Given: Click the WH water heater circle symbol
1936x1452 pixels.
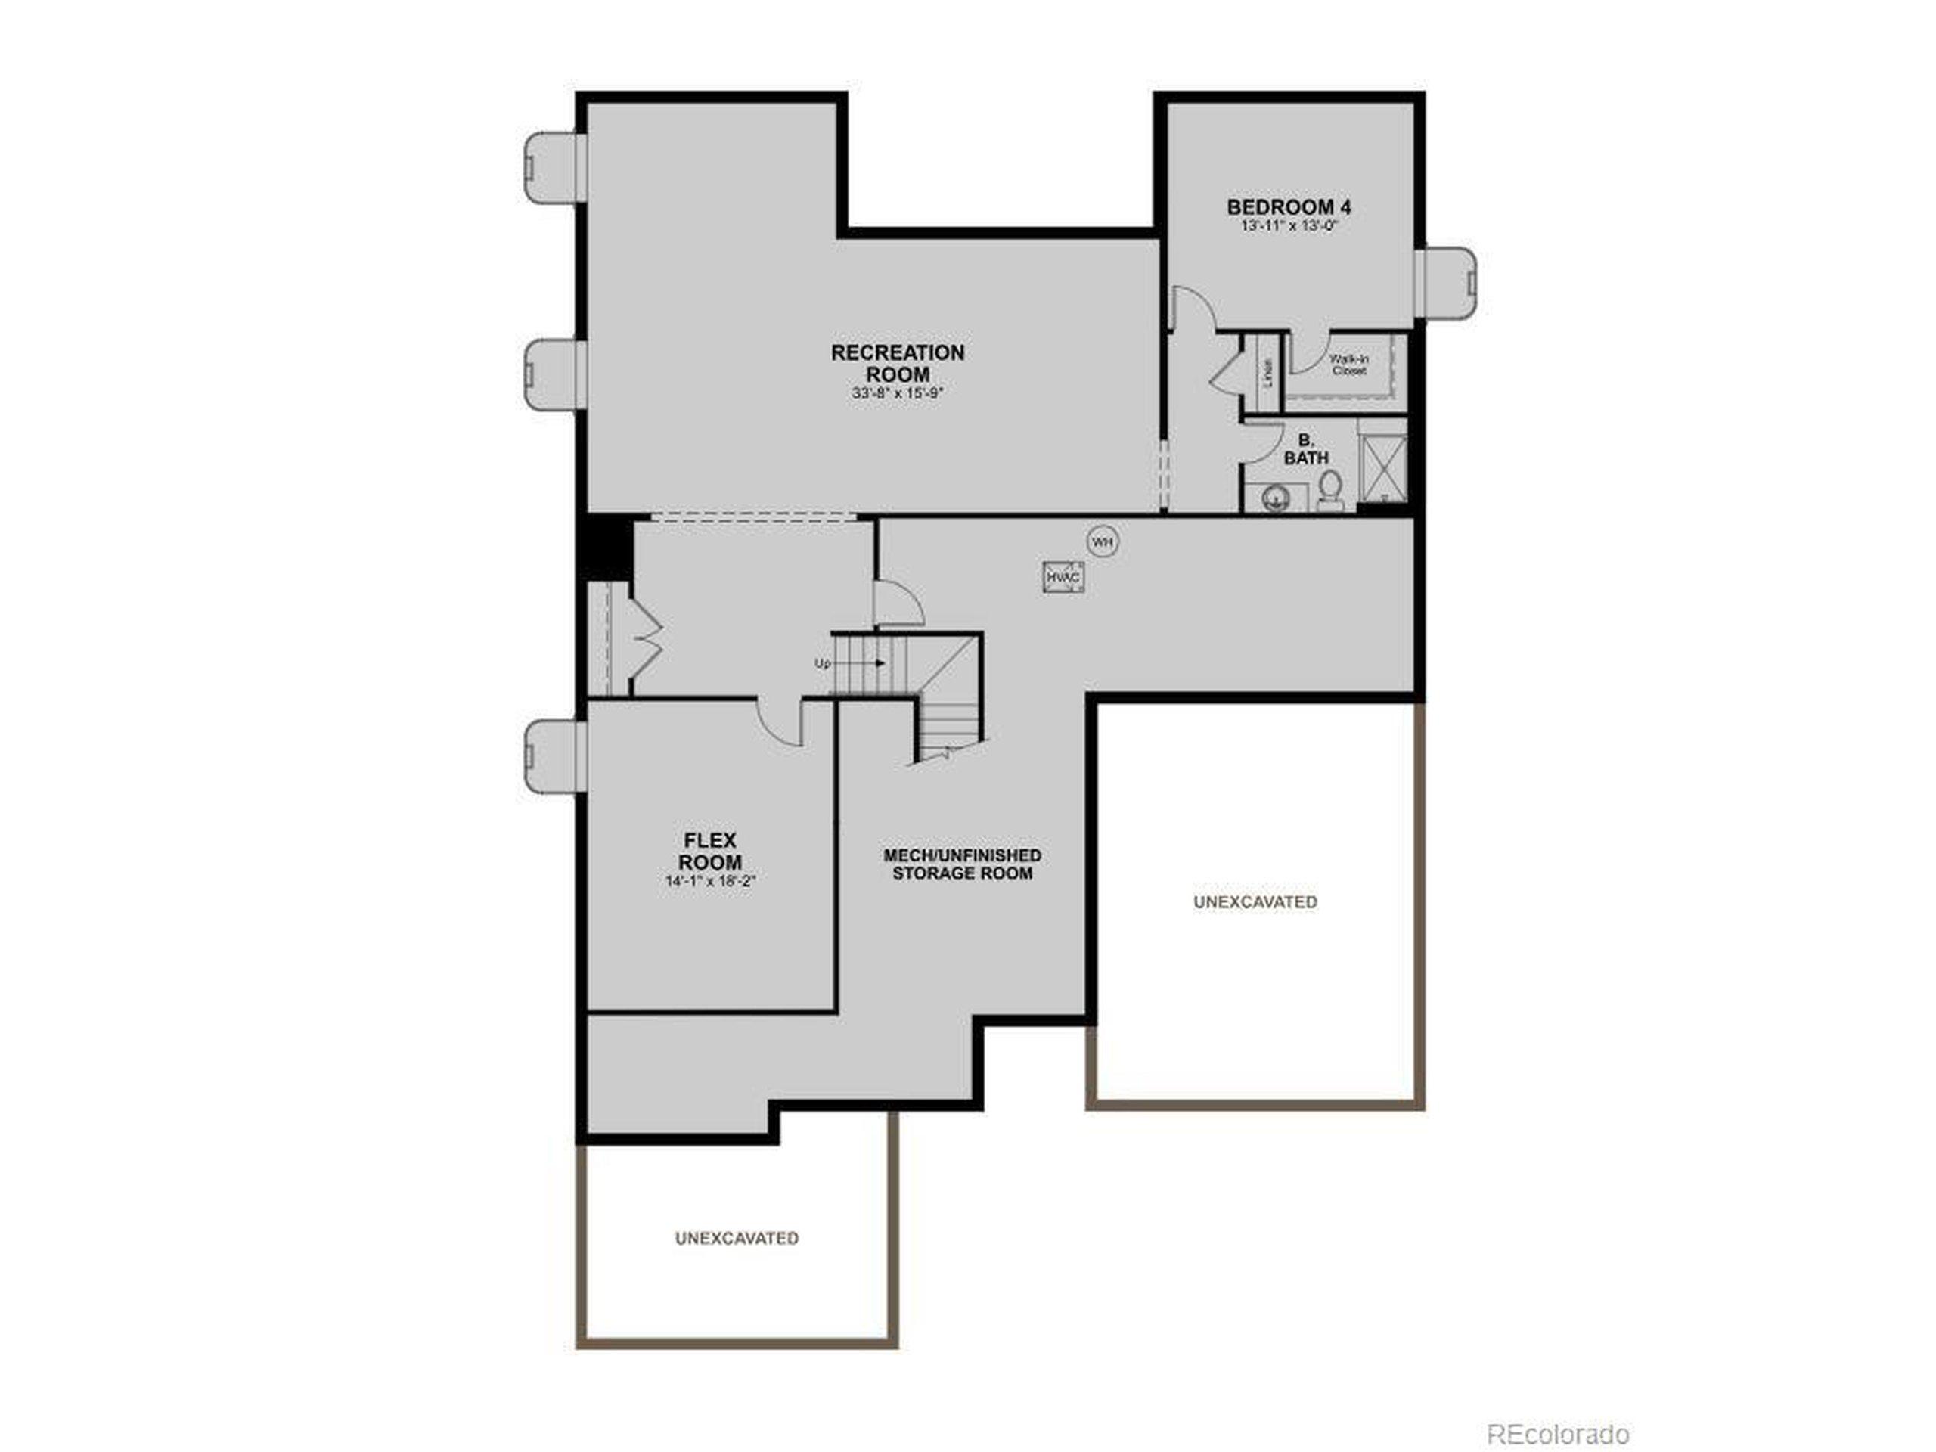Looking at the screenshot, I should point(1103,543).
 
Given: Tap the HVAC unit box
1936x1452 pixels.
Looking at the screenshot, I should point(1063,578).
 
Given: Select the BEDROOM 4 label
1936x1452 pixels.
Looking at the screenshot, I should point(1289,207).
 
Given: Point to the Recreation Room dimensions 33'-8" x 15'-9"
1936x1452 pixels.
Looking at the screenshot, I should point(897,394).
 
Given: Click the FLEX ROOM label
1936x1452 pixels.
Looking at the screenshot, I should point(710,851).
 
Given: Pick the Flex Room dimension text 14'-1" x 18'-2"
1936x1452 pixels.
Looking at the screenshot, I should point(710,881).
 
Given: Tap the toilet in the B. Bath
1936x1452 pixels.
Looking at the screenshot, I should point(1329,490).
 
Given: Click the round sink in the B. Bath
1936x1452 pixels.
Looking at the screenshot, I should point(1276,499).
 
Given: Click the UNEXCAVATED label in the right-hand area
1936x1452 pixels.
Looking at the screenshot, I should point(1255,901).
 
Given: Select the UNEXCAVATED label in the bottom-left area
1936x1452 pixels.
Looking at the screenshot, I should point(736,1239).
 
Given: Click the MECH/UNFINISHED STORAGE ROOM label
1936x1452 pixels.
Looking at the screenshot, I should point(962,864).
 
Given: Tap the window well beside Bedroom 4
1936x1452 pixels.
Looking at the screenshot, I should point(1446,283).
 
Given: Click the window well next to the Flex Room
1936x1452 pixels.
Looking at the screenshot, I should point(553,756).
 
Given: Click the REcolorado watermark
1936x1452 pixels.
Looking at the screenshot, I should point(1558,1410).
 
